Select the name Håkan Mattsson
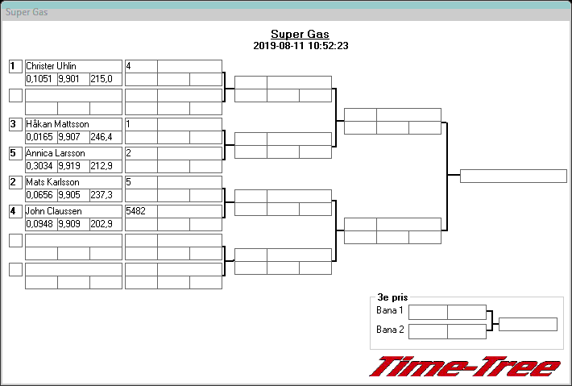click(x=57, y=124)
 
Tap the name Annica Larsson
click(x=56, y=153)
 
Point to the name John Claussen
click(x=54, y=211)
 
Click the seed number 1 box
click(x=15, y=66)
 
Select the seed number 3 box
click(x=15, y=124)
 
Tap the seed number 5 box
click(x=15, y=153)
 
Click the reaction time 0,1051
click(x=39, y=79)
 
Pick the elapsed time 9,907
click(x=72, y=137)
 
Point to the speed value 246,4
click(x=102, y=137)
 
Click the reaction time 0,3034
click(x=39, y=166)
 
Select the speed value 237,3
click(x=102, y=195)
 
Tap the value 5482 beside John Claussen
click(x=136, y=211)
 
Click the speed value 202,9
click(x=102, y=224)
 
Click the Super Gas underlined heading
click(x=300, y=34)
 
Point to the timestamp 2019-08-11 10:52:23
click(x=300, y=46)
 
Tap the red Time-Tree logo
click(x=466, y=367)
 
